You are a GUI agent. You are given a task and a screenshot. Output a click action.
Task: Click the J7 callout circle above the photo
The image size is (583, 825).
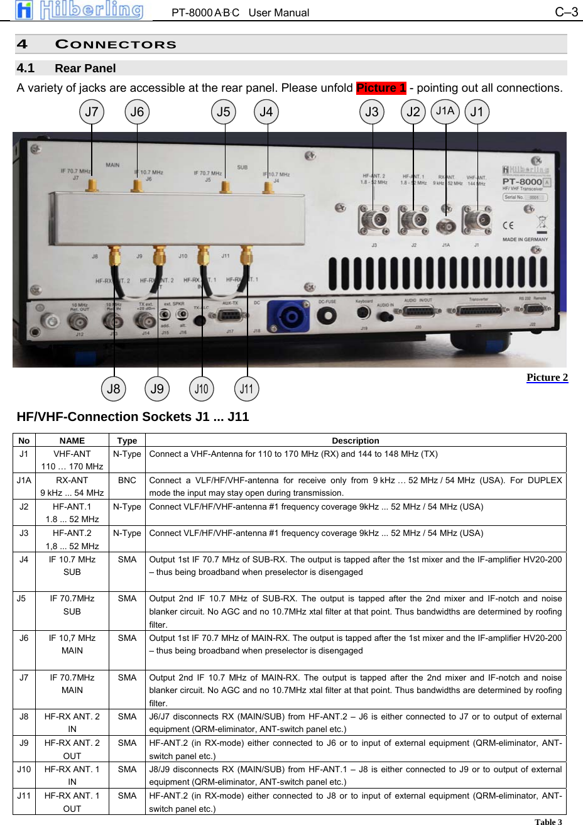(x=92, y=112)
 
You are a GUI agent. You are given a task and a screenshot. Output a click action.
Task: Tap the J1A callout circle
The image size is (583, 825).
(x=445, y=111)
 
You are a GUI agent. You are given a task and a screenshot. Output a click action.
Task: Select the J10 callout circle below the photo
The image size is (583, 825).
(x=201, y=389)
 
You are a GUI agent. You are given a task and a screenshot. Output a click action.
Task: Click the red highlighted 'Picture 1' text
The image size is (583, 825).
(x=381, y=88)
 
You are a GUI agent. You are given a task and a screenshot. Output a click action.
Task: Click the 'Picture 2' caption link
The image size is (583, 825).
(x=547, y=377)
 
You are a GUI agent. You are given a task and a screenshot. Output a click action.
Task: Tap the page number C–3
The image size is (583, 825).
(x=566, y=12)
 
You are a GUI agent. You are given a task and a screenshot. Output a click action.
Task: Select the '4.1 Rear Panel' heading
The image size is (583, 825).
(x=67, y=68)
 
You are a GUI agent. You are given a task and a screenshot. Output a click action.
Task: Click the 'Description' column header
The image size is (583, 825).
(x=356, y=440)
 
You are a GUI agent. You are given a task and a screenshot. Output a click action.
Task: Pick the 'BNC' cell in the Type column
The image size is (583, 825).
(x=127, y=480)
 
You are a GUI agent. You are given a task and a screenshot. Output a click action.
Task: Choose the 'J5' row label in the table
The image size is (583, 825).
(x=22, y=598)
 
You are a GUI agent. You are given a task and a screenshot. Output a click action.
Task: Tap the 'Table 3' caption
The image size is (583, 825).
(x=548, y=821)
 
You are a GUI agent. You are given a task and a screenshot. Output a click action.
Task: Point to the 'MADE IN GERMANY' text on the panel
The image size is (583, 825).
(x=525, y=239)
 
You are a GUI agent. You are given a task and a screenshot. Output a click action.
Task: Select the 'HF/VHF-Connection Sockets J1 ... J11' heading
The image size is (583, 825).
(x=133, y=417)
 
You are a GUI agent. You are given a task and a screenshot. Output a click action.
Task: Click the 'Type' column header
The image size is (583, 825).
(x=127, y=440)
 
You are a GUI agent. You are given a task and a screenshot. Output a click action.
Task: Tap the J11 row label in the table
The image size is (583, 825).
(x=24, y=795)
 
